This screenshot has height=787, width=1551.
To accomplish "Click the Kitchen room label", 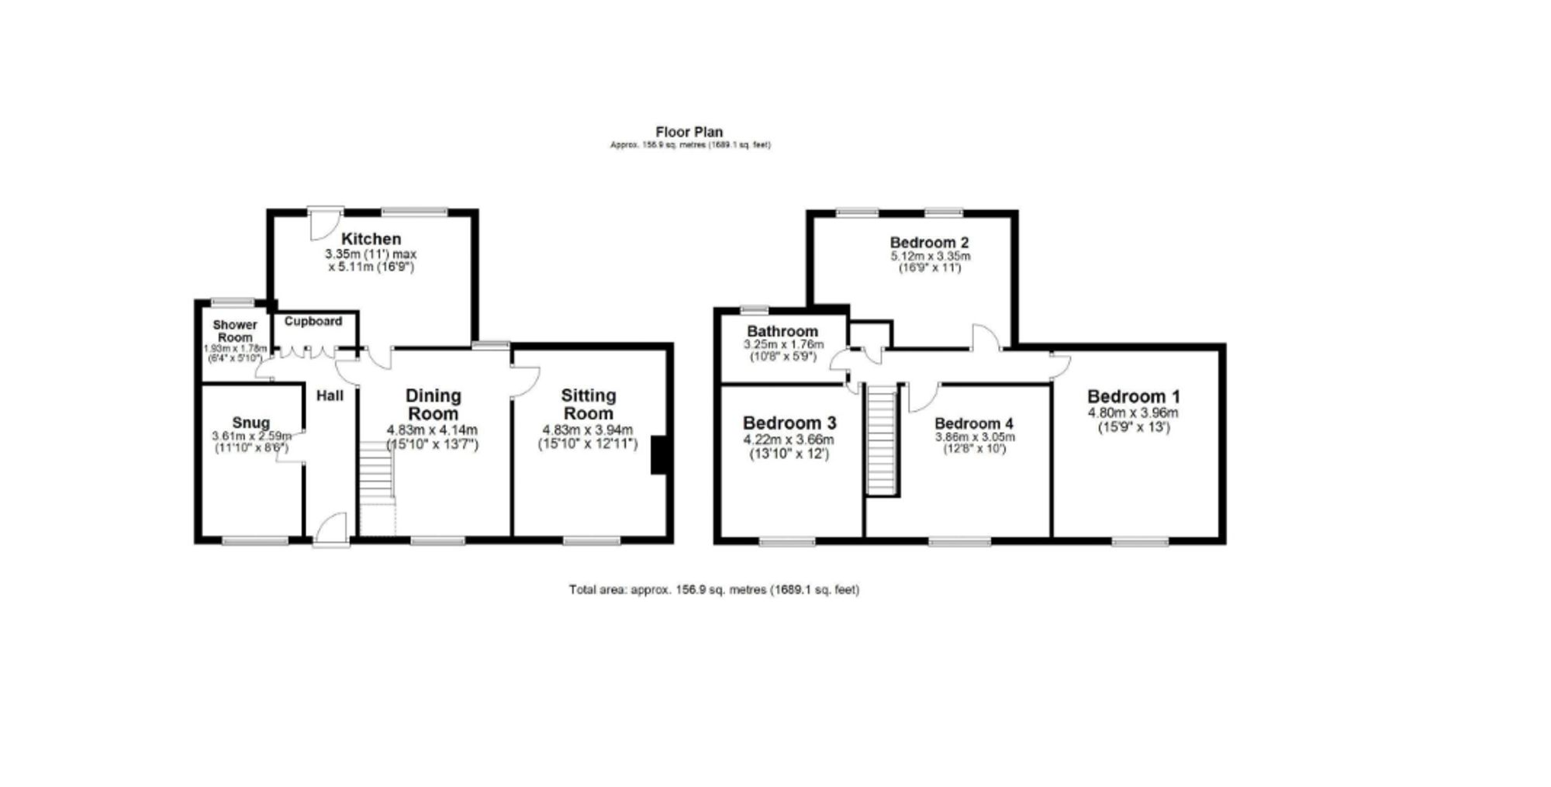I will [x=371, y=239].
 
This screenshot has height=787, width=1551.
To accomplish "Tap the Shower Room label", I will [x=235, y=331].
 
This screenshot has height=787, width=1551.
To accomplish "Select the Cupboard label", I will [x=313, y=321].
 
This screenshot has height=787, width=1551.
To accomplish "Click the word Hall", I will [x=330, y=396].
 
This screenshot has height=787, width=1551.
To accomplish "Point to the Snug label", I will [x=251, y=423].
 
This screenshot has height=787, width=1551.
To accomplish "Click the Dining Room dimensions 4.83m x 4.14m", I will [x=432, y=430].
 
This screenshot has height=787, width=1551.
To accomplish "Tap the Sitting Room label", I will [x=589, y=404].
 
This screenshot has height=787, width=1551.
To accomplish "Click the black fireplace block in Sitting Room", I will [x=659, y=455].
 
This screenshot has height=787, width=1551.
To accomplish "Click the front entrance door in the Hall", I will [x=332, y=529].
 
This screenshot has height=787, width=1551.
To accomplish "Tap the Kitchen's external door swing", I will [x=322, y=224].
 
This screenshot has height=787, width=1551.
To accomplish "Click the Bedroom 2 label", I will [x=929, y=242].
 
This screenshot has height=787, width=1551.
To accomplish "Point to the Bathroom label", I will [x=782, y=331].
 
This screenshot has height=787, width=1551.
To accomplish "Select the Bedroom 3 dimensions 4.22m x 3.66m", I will [x=789, y=440].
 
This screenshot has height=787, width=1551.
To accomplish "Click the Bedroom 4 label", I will [x=973, y=423].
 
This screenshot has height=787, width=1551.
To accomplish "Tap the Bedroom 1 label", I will [x=1133, y=396].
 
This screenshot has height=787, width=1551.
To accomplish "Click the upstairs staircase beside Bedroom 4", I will [x=882, y=440].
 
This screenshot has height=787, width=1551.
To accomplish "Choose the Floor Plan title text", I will [x=689, y=132].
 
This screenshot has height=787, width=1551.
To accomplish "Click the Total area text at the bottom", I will [x=713, y=589].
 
